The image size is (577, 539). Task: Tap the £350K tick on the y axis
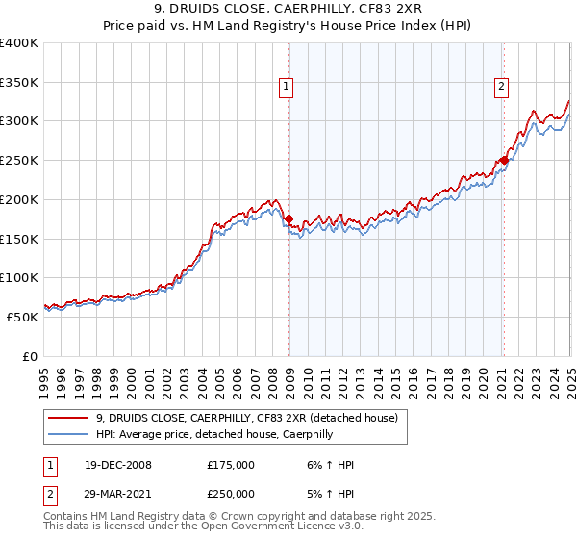tap(19, 82)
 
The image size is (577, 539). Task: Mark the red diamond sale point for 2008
tap(288, 218)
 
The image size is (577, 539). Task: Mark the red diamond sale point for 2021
tap(504, 160)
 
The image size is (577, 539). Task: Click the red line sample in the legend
tap(69, 418)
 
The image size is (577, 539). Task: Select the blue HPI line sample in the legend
tap(69, 434)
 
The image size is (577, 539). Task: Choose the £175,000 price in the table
tap(230, 465)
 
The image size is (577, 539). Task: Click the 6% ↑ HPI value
tap(326, 465)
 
